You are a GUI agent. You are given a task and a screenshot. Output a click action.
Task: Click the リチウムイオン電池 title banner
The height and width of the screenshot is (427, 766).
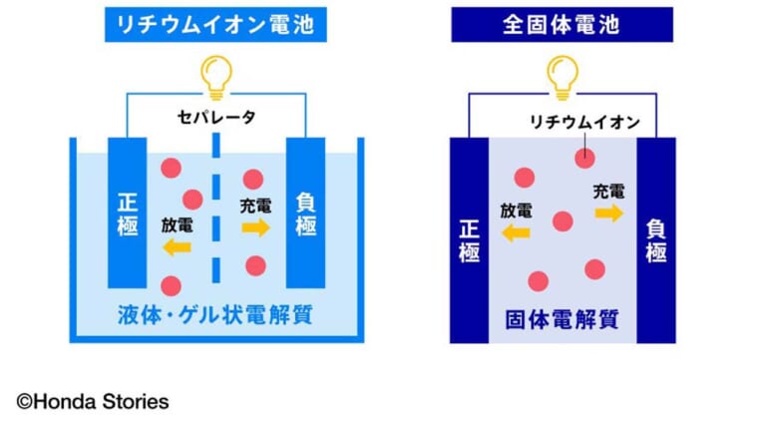coord(215,24)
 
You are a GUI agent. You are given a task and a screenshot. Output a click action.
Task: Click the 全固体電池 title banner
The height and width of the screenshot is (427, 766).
coord(562,24)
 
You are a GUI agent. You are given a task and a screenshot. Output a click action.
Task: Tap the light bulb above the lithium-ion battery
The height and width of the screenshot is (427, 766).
coord(215,78)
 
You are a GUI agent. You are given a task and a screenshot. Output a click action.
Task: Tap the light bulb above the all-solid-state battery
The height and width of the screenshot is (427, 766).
coord(563,78)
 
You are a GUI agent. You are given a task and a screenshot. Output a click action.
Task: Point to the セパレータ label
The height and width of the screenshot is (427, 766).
coord(215,117)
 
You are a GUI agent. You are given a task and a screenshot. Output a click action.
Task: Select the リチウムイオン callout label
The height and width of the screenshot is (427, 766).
coord(584,122)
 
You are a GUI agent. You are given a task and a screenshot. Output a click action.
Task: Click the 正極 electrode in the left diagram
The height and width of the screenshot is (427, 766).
coord(127,213)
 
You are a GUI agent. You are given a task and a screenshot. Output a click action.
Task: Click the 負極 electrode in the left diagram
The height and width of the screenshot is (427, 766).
coord(305,213)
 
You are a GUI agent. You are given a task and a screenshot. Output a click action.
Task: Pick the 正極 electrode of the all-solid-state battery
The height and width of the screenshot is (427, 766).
coord(469,240)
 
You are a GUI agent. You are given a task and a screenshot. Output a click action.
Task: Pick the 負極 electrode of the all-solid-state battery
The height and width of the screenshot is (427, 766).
coord(656,240)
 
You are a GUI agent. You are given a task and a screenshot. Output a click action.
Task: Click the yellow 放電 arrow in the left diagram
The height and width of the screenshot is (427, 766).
coord(177,247)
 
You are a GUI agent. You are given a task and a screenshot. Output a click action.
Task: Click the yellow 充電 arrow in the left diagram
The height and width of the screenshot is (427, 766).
coord(256,227)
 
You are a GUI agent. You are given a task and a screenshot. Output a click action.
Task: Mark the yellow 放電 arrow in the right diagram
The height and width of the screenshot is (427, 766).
coord(516,233)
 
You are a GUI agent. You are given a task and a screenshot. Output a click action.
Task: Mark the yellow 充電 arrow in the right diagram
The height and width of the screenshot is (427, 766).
coord(609,213)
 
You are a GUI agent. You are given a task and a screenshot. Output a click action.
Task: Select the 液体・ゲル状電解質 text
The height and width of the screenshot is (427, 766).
coord(215,315)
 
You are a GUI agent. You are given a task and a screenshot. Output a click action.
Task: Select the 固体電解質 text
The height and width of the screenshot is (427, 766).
coord(562,320)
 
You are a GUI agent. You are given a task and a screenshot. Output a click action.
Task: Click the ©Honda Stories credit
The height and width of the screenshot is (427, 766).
coord(93,402)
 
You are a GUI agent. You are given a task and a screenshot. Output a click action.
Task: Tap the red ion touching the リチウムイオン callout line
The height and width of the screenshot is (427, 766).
coord(584,158)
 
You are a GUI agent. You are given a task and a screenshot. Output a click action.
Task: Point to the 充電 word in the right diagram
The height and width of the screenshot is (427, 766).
coord(608,192)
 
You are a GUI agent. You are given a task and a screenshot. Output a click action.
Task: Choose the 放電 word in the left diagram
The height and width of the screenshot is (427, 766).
coord(177,225)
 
